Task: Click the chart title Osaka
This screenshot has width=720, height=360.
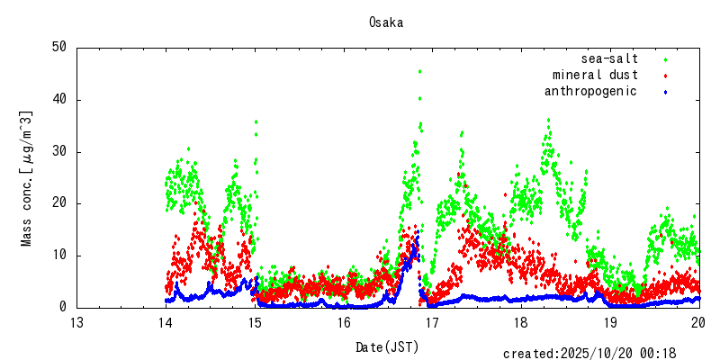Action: pyautogui.click(x=385, y=22)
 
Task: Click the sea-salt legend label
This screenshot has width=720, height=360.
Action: pyautogui.click(x=610, y=58)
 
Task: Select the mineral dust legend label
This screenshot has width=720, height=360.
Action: pyautogui.click(x=596, y=75)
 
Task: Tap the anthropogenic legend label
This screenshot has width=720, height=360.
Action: pyautogui.click(x=591, y=91)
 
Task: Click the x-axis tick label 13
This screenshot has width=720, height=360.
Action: pyautogui.click(x=77, y=323)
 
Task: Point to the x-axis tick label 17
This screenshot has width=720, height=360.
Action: pyautogui.click(x=433, y=323)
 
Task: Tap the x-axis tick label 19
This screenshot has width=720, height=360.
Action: pyautogui.click(x=610, y=323)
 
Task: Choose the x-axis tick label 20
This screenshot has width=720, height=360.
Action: pyautogui.click(x=699, y=323)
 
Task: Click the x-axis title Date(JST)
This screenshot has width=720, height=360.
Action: pyautogui.click(x=388, y=346)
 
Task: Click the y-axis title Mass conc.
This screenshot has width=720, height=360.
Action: pyautogui.click(x=27, y=178)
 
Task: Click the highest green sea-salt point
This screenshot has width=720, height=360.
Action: pyautogui.click(x=419, y=71)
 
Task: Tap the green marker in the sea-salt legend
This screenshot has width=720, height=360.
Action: pyautogui.click(x=665, y=59)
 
